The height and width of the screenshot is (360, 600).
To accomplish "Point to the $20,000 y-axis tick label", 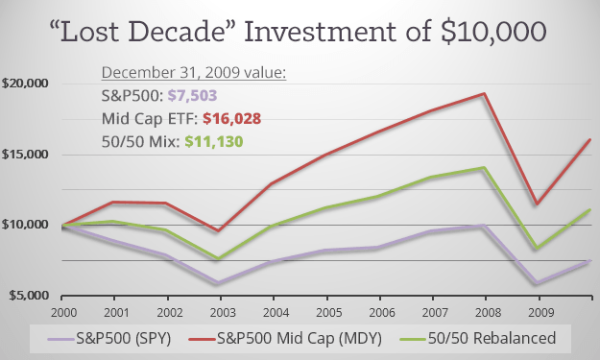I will [26, 84].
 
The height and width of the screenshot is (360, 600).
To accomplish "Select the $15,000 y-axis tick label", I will [26, 155].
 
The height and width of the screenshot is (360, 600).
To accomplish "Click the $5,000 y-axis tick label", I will [26, 296].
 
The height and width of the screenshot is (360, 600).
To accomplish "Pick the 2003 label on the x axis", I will [222, 312].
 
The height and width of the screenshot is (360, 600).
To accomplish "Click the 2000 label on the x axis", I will [65, 312].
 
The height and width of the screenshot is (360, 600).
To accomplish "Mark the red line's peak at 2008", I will [483, 94].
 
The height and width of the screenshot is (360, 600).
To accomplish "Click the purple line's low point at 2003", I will [222, 284].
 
